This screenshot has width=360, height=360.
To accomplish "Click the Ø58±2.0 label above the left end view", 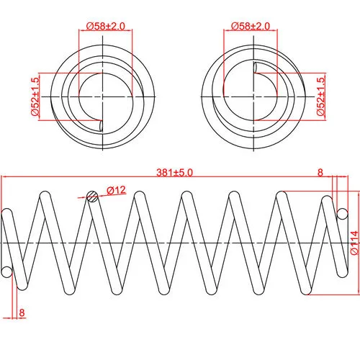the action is coord(106,26).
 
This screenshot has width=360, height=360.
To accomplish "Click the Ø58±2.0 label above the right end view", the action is coord(251,26).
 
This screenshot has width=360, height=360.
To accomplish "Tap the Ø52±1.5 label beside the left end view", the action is coord(35,96).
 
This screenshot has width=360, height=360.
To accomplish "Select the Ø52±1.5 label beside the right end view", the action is coord(320,96).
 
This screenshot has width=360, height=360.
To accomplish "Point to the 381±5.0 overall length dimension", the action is coord(174,173).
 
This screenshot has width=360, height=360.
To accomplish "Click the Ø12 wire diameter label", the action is coord(117,190).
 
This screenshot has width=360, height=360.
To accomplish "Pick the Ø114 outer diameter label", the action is coord(355,243).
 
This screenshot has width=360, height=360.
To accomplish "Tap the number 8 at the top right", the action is coord(320,172).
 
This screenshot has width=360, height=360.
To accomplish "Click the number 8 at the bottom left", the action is coord(22,312).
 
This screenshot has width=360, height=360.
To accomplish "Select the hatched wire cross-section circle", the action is coord(92,197).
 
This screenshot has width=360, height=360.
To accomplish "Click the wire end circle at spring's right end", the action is coord(342,214).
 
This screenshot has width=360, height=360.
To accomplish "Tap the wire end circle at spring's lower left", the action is coord(6,272).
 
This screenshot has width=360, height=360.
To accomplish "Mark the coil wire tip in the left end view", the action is coord(101,126).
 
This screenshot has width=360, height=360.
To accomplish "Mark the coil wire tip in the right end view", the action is coord(256,68).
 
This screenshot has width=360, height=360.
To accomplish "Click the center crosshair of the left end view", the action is coord(103,96).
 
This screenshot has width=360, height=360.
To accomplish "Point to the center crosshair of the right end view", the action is coord(254,96).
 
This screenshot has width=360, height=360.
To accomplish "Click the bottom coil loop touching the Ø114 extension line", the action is coord(306,290).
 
